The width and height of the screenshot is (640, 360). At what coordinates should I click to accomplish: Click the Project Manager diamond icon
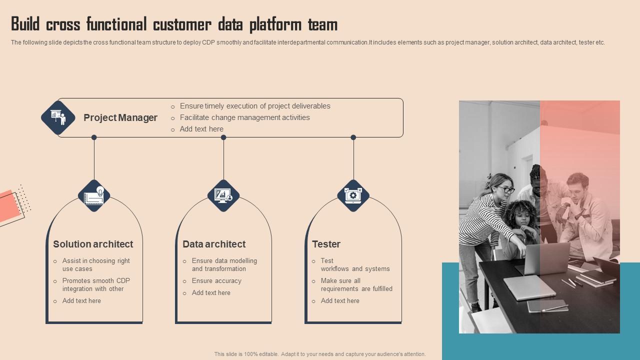pos(58,118)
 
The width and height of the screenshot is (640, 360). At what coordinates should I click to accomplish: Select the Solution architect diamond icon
pos(94,195)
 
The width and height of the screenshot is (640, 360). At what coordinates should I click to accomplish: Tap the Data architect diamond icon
pos(223,195)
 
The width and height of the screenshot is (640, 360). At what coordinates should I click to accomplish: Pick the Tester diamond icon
pos(353,195)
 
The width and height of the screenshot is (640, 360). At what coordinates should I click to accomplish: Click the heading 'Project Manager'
pos(120,118)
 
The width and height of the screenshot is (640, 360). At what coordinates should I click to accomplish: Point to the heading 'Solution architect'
pos(93,244)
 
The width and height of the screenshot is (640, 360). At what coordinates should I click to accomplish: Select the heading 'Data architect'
pos(214,244)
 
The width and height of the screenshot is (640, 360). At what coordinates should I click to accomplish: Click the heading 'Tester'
pos(326,244)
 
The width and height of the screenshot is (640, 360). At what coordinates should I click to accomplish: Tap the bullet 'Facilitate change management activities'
pos(244,117)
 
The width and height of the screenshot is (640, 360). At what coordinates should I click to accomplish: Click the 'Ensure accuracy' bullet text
pos(216,281)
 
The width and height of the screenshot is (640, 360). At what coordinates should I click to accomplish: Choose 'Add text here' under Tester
pos(340,301)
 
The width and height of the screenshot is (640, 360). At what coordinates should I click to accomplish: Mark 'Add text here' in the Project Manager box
pos(201,129)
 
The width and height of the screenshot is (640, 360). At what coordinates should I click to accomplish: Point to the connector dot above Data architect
pos(223,137)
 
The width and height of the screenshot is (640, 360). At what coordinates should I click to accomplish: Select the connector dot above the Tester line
pos(353,137)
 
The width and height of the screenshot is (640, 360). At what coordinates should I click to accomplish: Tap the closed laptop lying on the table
pos(529,287)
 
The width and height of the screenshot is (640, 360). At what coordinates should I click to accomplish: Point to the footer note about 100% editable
pos(320,354)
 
